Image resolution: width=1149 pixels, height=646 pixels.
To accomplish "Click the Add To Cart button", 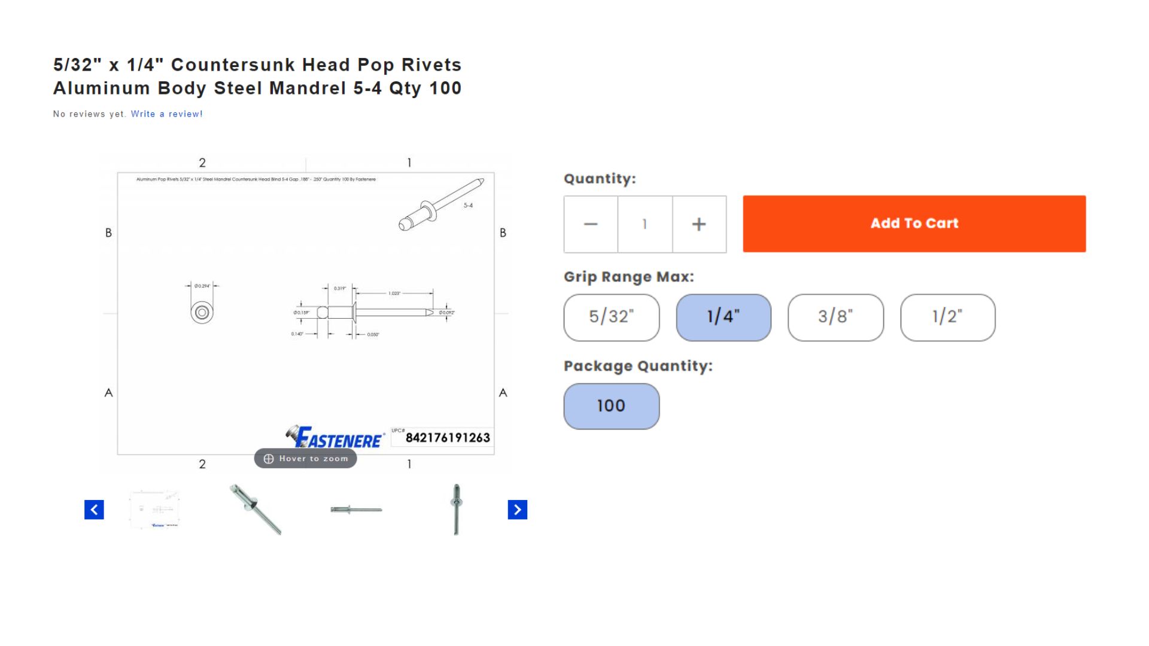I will click(x=914, y=224).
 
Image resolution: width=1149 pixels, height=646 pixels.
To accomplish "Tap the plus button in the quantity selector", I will click(x=698, y=224).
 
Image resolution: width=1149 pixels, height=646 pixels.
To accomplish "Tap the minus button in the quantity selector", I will click(x=591, y=224).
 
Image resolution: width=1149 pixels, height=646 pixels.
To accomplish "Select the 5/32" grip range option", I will click(x=611, y=317).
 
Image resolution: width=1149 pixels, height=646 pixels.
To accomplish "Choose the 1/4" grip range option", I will click(x=723, y=317).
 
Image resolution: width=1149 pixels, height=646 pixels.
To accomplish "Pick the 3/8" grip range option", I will click(x=835, y=317).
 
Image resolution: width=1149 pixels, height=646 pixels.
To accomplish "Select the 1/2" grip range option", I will click(x=947, y=317).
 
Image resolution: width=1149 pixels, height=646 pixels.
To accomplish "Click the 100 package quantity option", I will click(x=611, y=406).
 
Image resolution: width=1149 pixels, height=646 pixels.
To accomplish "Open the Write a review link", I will click(x=166, y=114).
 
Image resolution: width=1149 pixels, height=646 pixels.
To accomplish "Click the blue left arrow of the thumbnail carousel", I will click(x=94, y=510).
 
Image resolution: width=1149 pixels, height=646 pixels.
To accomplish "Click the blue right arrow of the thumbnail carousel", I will click(x=517, y=510).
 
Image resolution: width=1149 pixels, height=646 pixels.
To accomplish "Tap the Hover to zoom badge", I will click(x=305, y=459).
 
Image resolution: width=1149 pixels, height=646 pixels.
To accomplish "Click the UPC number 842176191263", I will click(x=448, y=438).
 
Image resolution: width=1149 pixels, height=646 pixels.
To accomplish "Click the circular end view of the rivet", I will click(x=202, y=312).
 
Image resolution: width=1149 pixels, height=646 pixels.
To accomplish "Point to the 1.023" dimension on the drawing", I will click(x=394, y=293).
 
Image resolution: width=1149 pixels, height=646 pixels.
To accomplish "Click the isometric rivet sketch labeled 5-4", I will click(x=441, y=205).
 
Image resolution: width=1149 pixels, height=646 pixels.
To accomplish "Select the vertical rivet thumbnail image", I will click(x=456, y=510).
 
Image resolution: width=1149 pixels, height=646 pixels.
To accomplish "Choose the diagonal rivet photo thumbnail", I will click(x=256, y=510).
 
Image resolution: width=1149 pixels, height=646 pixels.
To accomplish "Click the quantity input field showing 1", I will click(x=645, y=224).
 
